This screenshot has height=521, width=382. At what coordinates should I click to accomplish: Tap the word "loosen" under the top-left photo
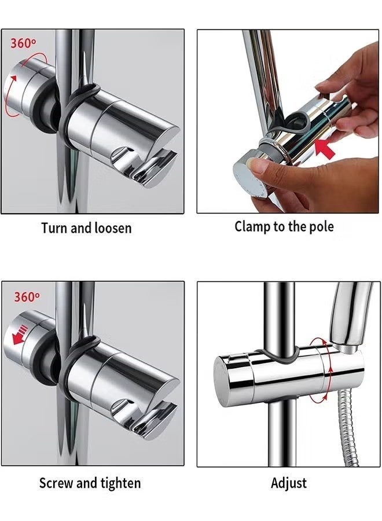click(113, 228)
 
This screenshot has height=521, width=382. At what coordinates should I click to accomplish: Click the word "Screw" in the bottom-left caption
click(56, 483)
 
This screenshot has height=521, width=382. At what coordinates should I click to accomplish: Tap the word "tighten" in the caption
click(120, 484)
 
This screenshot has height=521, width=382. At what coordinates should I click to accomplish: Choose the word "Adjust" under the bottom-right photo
click(289, 483)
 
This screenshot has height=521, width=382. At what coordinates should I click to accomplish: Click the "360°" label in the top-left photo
click(23, 43)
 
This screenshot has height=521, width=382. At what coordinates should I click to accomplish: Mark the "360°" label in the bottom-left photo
click(27, 296)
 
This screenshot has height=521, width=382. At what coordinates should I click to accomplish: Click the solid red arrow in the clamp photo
click(324, 149)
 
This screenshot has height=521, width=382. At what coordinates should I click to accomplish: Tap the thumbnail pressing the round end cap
click(259, 167)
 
